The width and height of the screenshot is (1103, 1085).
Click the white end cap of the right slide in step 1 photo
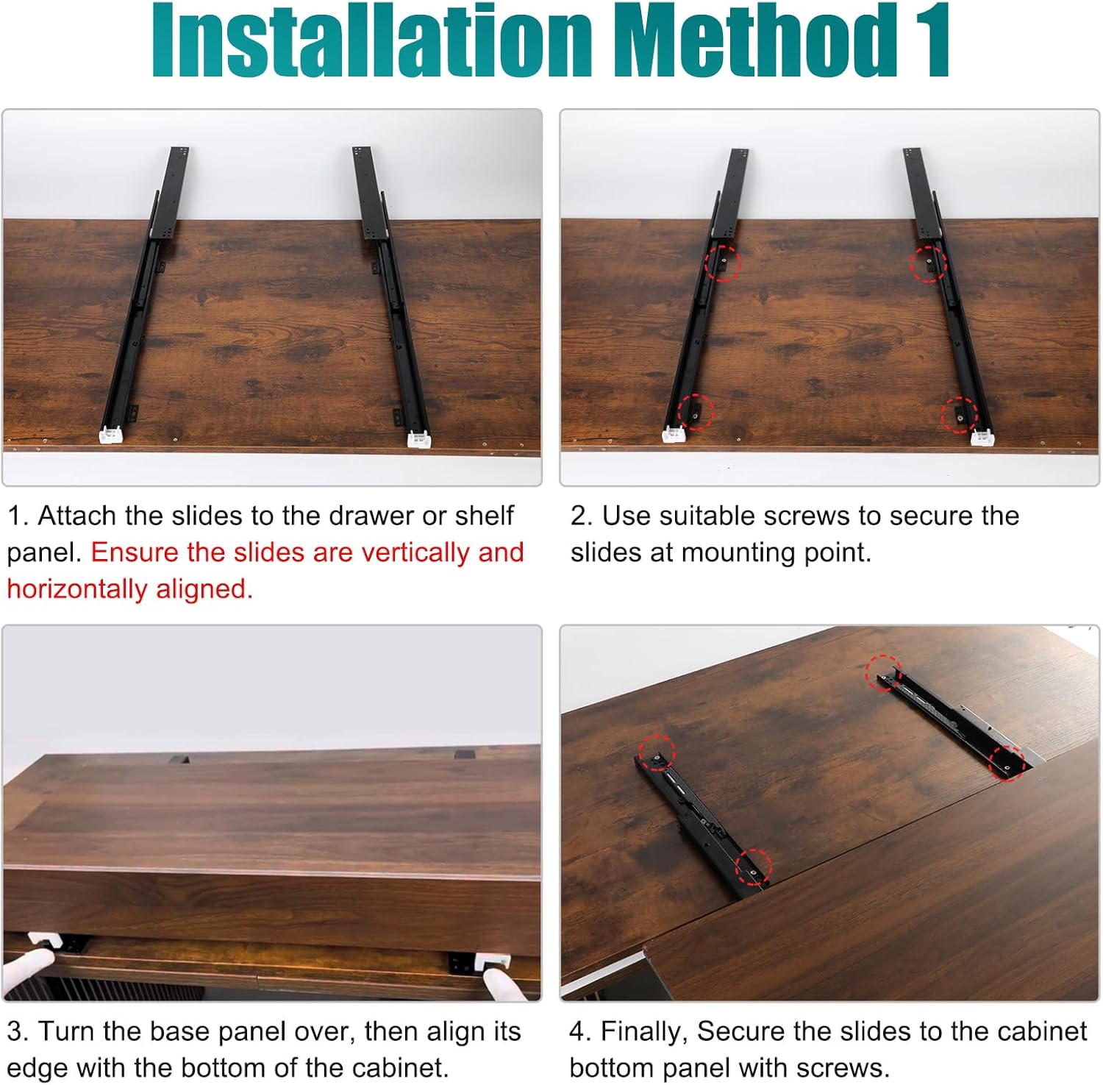point(419,440)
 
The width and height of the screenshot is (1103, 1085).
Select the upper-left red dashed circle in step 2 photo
point(723,263)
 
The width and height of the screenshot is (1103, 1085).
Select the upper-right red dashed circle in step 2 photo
point(928,264)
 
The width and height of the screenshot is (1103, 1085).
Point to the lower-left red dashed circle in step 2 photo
point(695,412)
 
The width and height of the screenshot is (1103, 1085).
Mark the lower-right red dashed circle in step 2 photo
point(960,414)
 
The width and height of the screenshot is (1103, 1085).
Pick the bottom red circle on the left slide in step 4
point(754,867)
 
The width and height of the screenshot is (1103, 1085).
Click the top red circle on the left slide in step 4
point(657,752)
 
